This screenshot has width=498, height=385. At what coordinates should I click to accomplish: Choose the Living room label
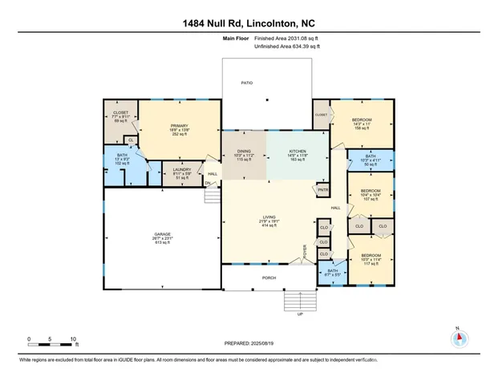tap(268, 222)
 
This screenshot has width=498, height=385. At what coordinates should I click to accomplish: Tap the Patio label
tap(247, 83)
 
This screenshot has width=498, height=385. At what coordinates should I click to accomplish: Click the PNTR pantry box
tap(323, 189)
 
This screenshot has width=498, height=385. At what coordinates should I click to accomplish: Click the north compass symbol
tap(459, 337)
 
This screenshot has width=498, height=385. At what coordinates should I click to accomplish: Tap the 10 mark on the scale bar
tap(73, 339)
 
